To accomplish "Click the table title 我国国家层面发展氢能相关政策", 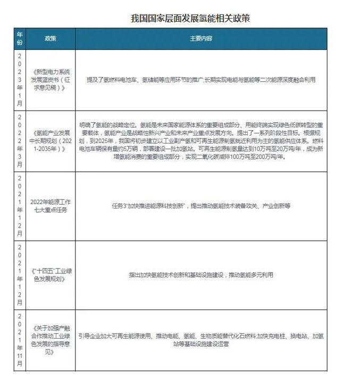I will click(190, 19).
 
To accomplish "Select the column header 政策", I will click(50, 39).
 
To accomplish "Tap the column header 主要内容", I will click(201, 39).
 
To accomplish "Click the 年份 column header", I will click(20, 39).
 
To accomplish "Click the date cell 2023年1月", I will click(20, 80).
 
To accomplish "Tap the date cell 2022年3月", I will click(20, 141).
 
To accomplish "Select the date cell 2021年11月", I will click(20, 340).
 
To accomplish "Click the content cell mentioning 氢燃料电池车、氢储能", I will click(201, 80).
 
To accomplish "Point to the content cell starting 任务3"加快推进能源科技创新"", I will click(201, 205).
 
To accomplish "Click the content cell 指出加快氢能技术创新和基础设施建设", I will click(201, 275).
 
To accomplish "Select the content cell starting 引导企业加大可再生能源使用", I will click(201, 340).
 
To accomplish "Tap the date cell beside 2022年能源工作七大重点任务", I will click(20, 205).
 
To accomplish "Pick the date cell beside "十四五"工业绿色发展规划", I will click(20, 275).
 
